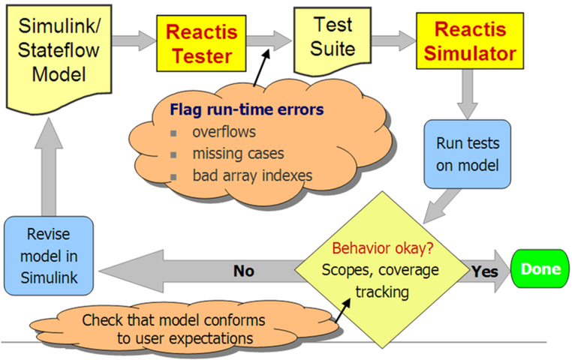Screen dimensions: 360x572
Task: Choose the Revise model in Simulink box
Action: [49, 255]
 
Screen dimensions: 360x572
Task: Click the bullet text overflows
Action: [221, 133]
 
